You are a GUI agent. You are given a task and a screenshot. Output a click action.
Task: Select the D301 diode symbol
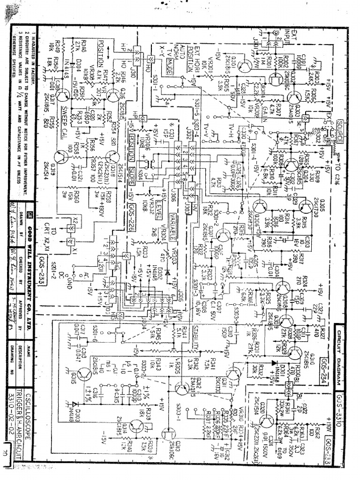(x=272, y=362)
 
